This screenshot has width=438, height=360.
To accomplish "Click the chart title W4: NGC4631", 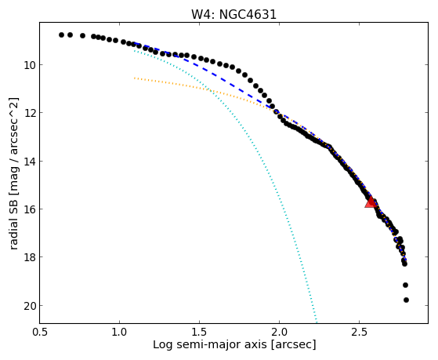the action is [233, 14].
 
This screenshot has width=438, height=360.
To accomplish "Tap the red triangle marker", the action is [371, 202].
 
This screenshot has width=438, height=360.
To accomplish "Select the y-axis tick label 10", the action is [30, 65].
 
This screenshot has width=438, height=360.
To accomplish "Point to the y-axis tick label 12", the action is [30, 113].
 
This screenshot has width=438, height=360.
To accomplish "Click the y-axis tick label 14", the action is [30, 162].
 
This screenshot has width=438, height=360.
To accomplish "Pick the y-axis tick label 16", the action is [30, 209].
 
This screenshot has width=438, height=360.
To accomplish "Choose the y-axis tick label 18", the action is [30, 257].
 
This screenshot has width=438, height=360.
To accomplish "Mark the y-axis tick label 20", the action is [30, 306].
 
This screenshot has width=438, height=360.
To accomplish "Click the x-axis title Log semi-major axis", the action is [210, 344].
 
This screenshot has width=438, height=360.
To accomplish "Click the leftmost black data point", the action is [61, 35].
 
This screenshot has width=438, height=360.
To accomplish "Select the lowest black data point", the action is [406, 300].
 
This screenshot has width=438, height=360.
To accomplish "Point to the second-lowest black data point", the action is [405, 285].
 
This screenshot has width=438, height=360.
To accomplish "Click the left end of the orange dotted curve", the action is [134, 78].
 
